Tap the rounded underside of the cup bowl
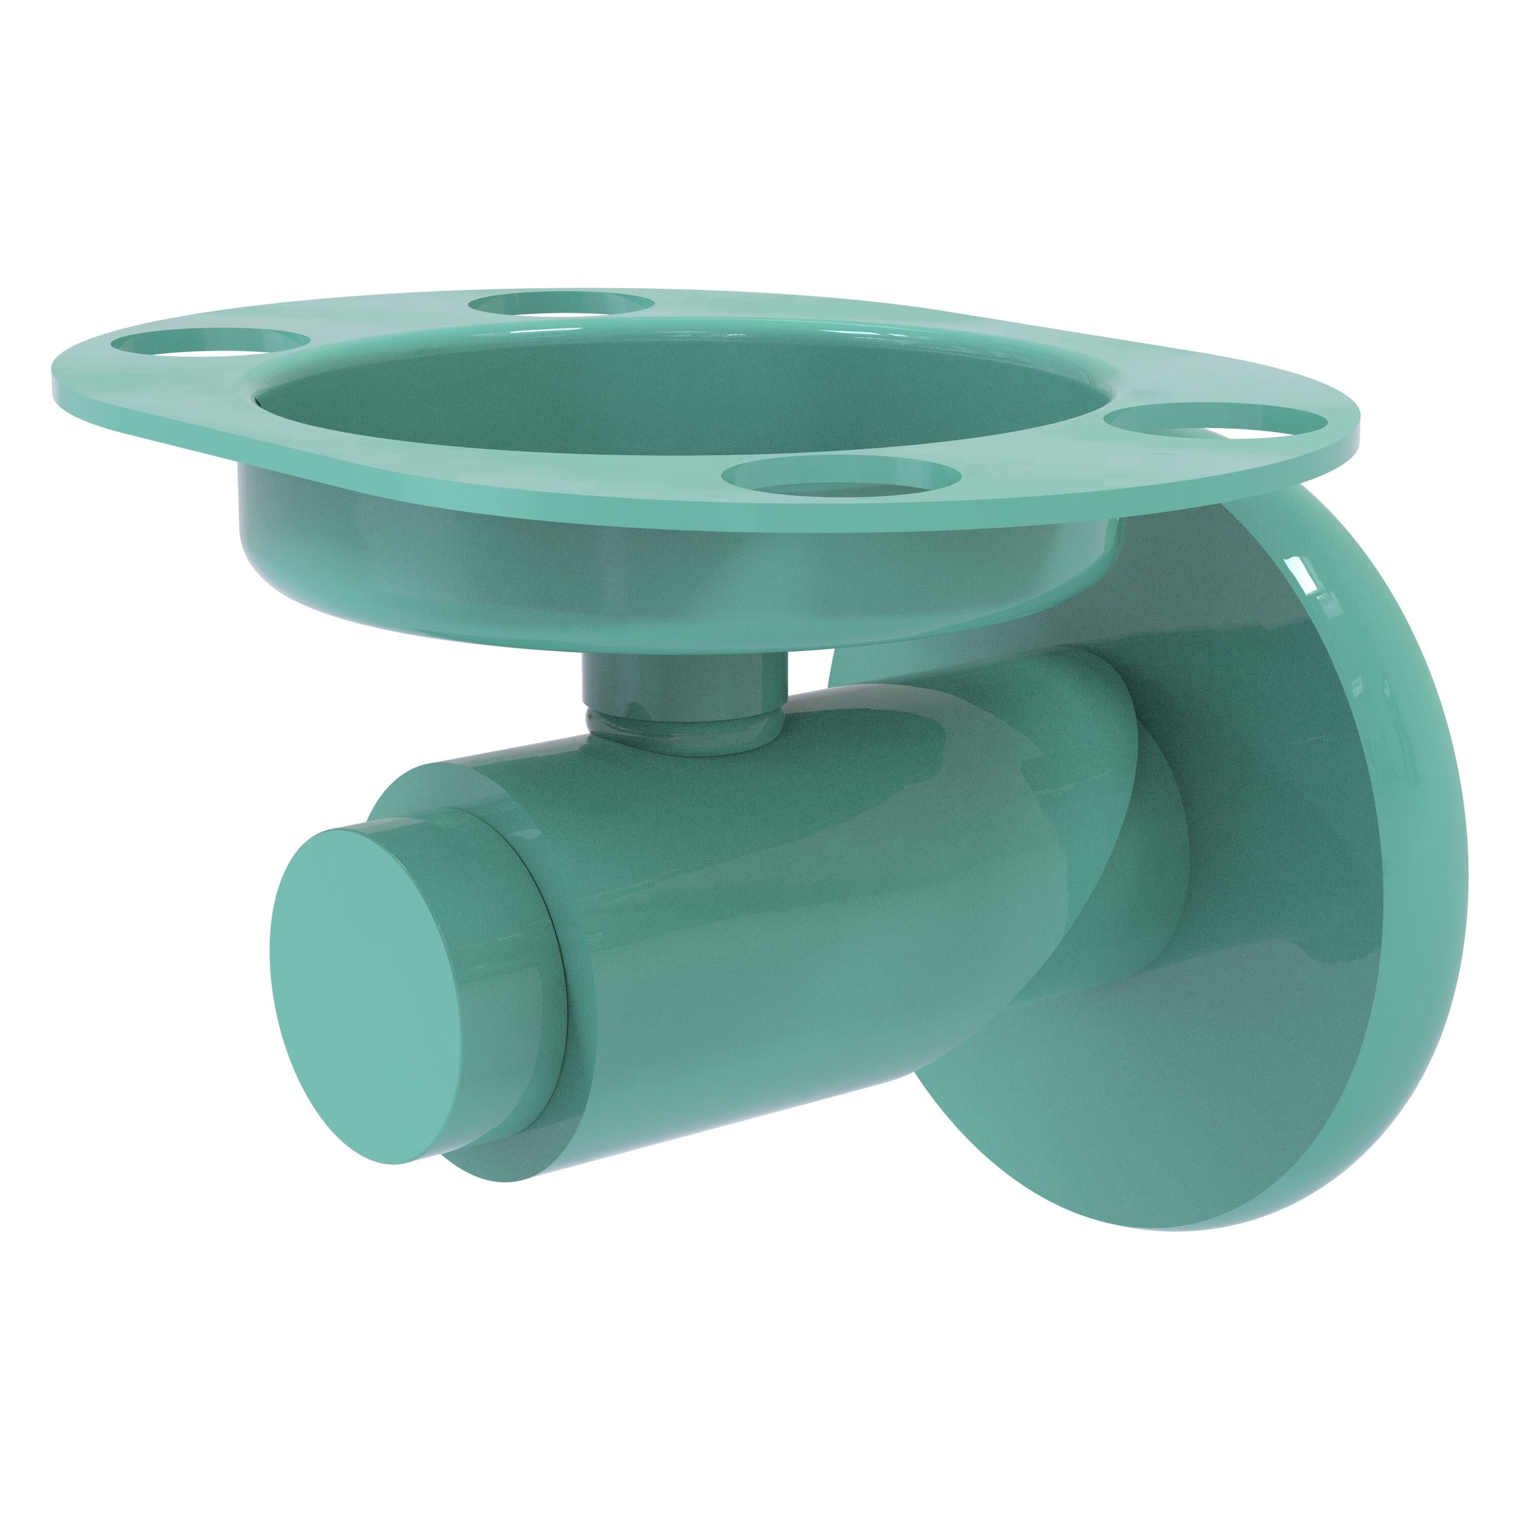click(x=551, y=598)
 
